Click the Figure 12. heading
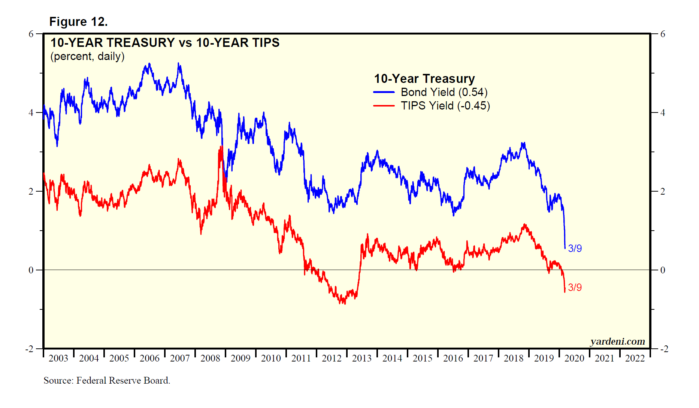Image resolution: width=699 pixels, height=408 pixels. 78,22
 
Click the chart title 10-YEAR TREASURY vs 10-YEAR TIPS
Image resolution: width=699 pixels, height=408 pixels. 165,43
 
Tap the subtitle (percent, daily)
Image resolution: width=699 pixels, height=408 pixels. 87,56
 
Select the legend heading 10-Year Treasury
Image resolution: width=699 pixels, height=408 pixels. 424,79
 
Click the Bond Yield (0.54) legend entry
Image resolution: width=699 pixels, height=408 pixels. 444,92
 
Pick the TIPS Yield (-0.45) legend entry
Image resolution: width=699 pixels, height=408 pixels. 445,106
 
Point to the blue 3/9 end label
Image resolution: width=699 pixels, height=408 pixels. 575,248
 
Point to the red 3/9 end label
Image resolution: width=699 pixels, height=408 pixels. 575,287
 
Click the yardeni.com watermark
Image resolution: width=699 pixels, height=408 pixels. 617,341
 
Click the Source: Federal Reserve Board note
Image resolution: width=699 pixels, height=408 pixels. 107,381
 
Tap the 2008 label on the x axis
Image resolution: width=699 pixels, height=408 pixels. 210,358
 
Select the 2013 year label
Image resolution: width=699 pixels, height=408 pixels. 362,358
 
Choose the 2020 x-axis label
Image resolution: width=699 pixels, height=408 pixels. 574,358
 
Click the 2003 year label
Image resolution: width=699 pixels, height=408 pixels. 58,358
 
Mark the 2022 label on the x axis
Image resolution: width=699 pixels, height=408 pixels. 635,358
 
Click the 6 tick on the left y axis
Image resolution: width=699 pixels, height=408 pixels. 31,34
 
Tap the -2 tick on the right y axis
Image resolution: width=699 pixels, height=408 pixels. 663,349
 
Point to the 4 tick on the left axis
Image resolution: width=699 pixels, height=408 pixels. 31,113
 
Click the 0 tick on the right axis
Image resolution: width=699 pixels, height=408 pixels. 663,270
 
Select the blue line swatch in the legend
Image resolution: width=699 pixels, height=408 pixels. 384,92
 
